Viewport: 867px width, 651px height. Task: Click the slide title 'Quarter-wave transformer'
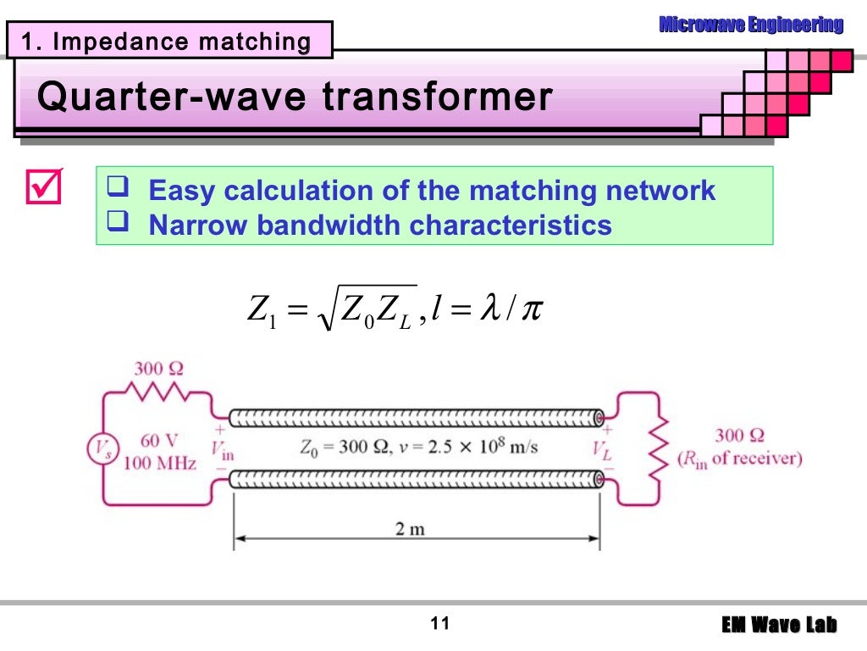pyautogui.click(x=295, y=97)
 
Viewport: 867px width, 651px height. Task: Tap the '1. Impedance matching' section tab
pyautogui.click(x=166, y=42)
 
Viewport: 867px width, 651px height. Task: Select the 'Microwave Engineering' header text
pyautogui.click(x=751, y=25)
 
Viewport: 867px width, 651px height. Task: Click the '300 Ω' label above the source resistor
pyautogui.click(x=158, y=369)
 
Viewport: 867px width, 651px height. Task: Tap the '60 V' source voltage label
pyautogui.click(x=158, y=441)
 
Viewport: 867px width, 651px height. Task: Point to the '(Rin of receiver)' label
pyautogui.click(x=739, y=459)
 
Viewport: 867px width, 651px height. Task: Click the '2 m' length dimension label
pyautogui.click(x=410, y=530)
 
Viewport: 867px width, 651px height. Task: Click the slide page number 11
pyautogui.click(x=439, y=625)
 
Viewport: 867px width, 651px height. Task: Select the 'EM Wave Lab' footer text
pyautogui.click(x=779, y=626)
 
